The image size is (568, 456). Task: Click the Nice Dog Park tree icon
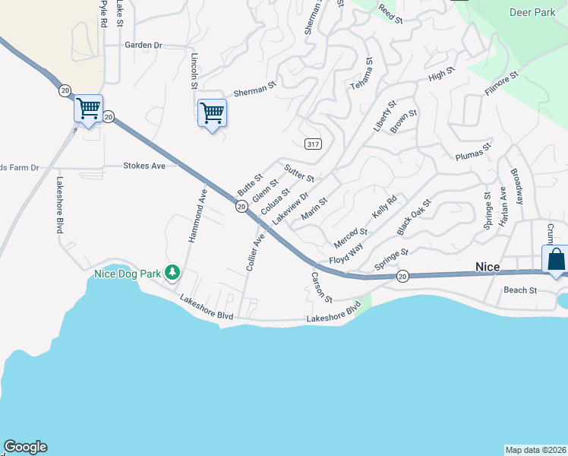point(173,272)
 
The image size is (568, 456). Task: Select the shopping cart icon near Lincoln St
point(212,113)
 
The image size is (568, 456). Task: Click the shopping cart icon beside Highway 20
point(88,109)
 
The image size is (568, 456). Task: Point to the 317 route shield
point(311,144)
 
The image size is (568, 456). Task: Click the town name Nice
point(487,267)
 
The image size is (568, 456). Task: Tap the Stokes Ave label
point(144,165)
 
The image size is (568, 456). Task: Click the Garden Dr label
point(144,45)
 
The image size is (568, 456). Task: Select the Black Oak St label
point(414,217)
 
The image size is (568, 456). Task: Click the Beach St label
point(520,290)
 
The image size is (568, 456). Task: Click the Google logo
point(25,447)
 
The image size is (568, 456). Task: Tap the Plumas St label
point(474,153)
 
